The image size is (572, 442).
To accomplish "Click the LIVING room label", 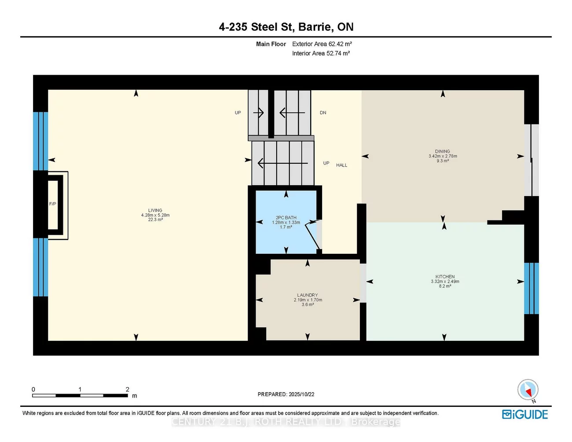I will (x=155, y=211).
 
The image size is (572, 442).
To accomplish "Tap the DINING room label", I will (x=442, y=151).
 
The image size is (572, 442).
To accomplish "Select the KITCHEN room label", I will (x=445, y=277).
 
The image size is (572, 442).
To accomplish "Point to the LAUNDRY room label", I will (x=307, y=295).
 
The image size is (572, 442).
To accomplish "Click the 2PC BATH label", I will (x=286, y=218).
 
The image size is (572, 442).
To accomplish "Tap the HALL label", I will (x=341, y=165).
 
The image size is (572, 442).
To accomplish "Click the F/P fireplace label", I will (x=53, y=204).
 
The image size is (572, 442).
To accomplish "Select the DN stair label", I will (x=323, y=113).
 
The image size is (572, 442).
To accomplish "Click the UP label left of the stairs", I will (x=238, y=113).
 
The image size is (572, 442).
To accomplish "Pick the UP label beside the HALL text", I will (x=326, y=163).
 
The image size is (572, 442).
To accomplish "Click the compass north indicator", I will (x=528, y=390).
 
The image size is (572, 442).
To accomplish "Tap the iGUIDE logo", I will (x=525, y=414).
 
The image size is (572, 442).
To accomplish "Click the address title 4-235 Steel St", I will (x=286, y=27).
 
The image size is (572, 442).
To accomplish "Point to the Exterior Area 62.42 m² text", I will (x=322, y=44).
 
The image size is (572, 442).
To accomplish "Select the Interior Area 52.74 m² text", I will (x=321, y=53).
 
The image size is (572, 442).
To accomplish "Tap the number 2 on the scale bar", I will (x=128, y=389).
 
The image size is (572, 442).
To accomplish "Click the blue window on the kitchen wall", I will (x=531, y=289).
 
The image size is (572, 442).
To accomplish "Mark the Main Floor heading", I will (x=271, y=44).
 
